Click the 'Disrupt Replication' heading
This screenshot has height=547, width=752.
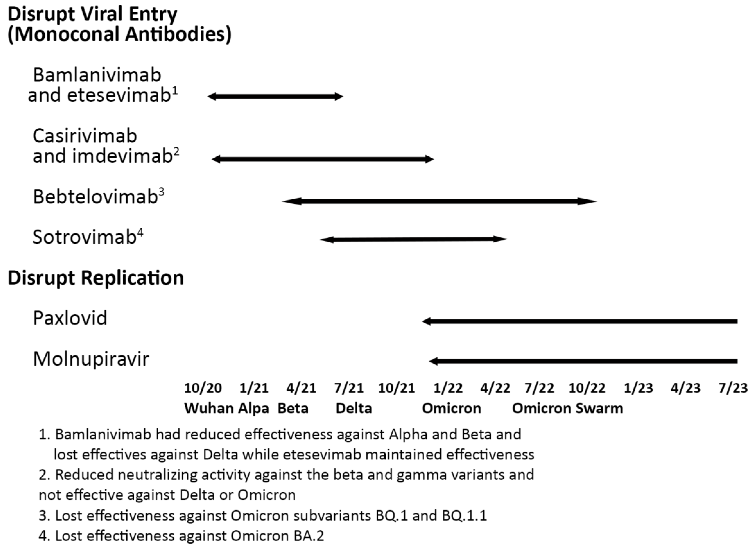pos(96,278)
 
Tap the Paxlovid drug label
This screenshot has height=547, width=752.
pos(70,318)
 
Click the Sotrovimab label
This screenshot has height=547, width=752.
pos(85,237)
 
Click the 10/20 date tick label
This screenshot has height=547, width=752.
pos(203,388)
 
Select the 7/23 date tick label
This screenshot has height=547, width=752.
pos(733,388)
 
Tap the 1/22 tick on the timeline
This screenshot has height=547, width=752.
pos(448,388)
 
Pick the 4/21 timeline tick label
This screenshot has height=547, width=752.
pos(301,388)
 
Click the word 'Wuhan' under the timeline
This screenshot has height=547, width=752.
pos(209,408)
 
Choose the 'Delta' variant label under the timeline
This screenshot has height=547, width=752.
pos(354,408)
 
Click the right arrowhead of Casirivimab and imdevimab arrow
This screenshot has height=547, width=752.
pos(430,159)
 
